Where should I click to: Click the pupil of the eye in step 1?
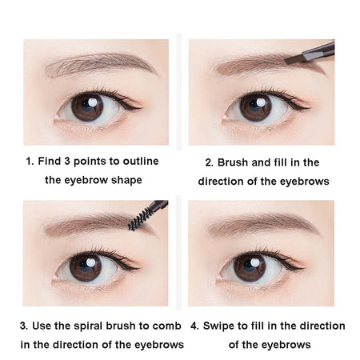click(86, 106)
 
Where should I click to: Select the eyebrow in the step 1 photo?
click(100, 63)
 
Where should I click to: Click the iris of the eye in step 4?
click(250, 266)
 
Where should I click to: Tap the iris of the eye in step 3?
click(86, 266)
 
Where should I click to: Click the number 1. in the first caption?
click(30, 161)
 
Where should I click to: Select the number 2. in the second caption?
click(210, 162)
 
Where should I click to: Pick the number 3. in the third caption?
click(24, 326)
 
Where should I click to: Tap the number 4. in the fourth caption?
click(196, 326)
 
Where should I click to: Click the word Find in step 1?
click(50, 161)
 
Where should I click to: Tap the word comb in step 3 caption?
click(170, 326)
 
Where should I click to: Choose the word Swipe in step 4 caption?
click(222, 326)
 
